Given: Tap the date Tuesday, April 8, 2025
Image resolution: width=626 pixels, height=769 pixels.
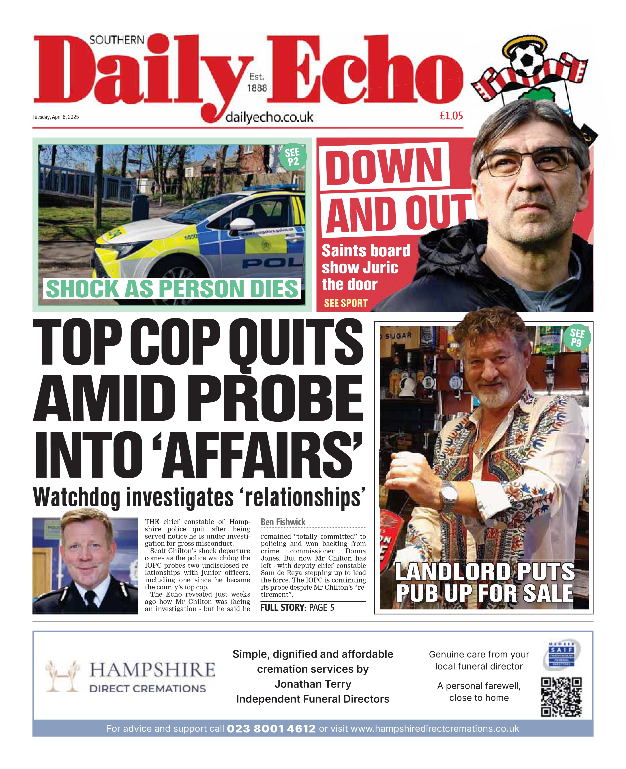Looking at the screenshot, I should [x=56, y=117].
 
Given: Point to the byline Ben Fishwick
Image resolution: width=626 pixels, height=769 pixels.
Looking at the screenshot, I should [x=283, y=522].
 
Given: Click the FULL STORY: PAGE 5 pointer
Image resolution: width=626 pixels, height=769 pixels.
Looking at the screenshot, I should [x=297, y=607].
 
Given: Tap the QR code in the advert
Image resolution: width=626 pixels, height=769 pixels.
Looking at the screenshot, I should [x=561, y=696].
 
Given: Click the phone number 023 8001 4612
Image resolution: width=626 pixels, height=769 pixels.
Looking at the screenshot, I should [x=271, y=729].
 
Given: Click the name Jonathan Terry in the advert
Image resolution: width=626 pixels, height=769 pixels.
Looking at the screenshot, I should [x=313, y=684].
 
